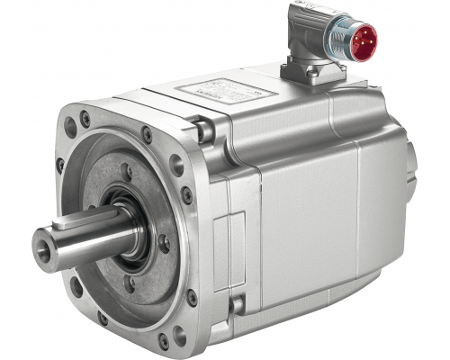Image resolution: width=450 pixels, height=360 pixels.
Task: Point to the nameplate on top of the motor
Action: [220, 91]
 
